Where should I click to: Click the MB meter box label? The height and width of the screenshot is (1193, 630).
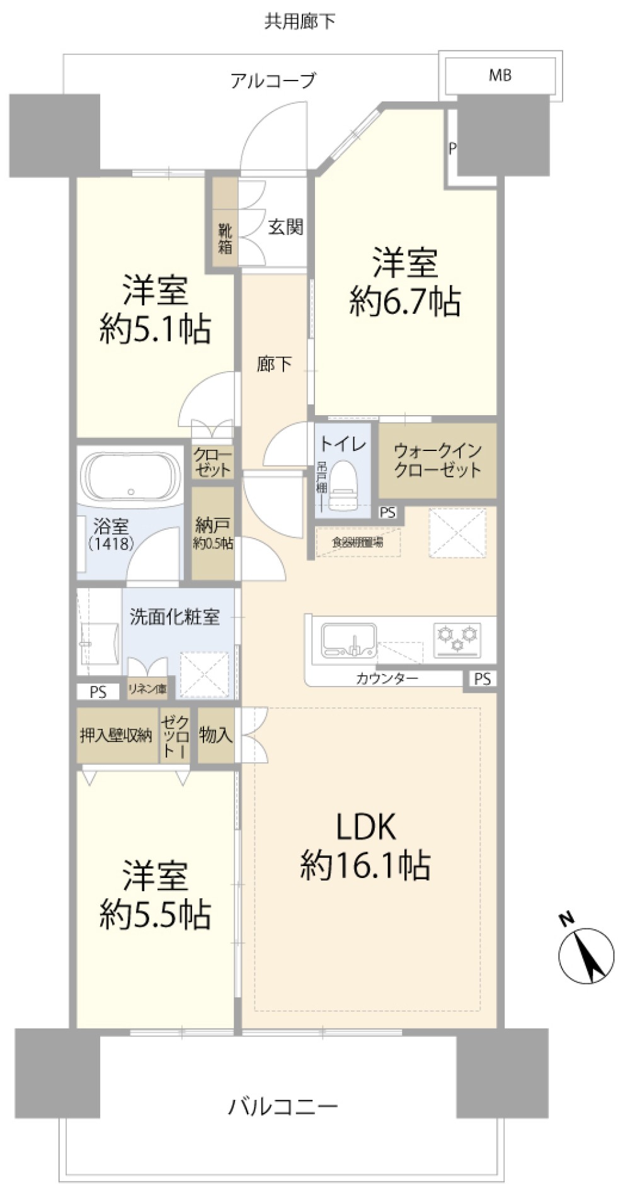pyautogui.click(x=500, y=76)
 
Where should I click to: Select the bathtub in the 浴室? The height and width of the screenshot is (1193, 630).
pyautogui.click(x=130, y=477)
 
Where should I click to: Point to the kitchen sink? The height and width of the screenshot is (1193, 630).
pyautogui.click(x=348, y=640)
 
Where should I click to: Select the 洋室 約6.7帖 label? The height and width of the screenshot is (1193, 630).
pyautogui.click(x=404, y=282)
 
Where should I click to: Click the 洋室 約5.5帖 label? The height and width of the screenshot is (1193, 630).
pyautogui.click(x=155, y=894)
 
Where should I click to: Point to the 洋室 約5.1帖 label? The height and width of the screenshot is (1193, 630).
pyautogui.click(x=155, y=309)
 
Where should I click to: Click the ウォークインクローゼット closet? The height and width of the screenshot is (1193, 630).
pyautogui.click(x=437, y=460)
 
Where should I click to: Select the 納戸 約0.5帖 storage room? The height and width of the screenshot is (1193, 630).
pyautogui.click(x=213, y=533)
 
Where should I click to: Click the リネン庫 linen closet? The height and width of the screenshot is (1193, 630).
pyautogui.click(x=147, y=688)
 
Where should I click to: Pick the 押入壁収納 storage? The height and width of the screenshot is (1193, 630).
pyautogui.click(x=116, y=735)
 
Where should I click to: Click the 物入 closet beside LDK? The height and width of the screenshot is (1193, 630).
pyautogui.click(x=215, y=734)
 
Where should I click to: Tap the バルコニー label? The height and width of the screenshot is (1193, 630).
pyautogui.click(x=283, y=1105)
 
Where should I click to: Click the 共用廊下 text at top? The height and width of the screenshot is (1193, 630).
pyautogui.click(x=300, y=21)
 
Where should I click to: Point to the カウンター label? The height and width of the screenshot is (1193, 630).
pyautogui.click(x=387, y=678)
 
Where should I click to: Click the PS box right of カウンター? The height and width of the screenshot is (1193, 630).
pyautogui.click(x=482, y=679)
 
